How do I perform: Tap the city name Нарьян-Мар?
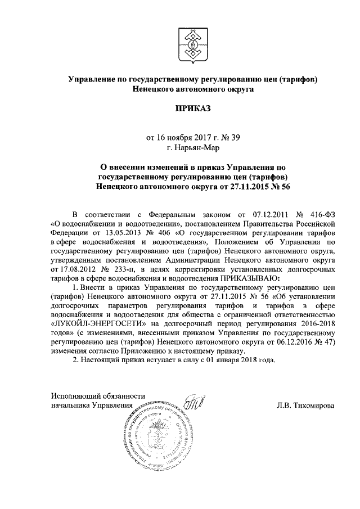193,148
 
